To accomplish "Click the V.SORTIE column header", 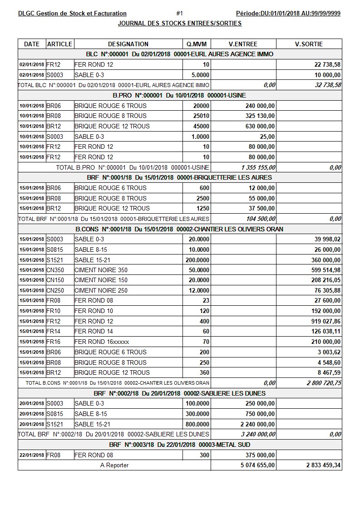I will coord(309,44).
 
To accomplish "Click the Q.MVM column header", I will coord(197,44).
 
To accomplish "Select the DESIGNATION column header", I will coord(128,44).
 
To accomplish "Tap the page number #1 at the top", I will coord(179,14).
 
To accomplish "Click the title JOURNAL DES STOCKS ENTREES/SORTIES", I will coord(180,23).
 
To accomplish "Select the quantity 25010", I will coord(201,116).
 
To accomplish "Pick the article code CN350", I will coord(55,270).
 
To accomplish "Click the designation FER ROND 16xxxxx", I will coord(102,342).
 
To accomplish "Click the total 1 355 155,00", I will coord(258,167).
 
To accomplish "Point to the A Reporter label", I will coord(114,465).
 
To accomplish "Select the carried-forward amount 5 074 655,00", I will coord(256,465).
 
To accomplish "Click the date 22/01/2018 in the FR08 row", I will coord(32,455).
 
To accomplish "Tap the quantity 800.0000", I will coord(198,424).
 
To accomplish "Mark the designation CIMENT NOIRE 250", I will coord(101,290).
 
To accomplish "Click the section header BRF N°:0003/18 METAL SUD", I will coord(180,445).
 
